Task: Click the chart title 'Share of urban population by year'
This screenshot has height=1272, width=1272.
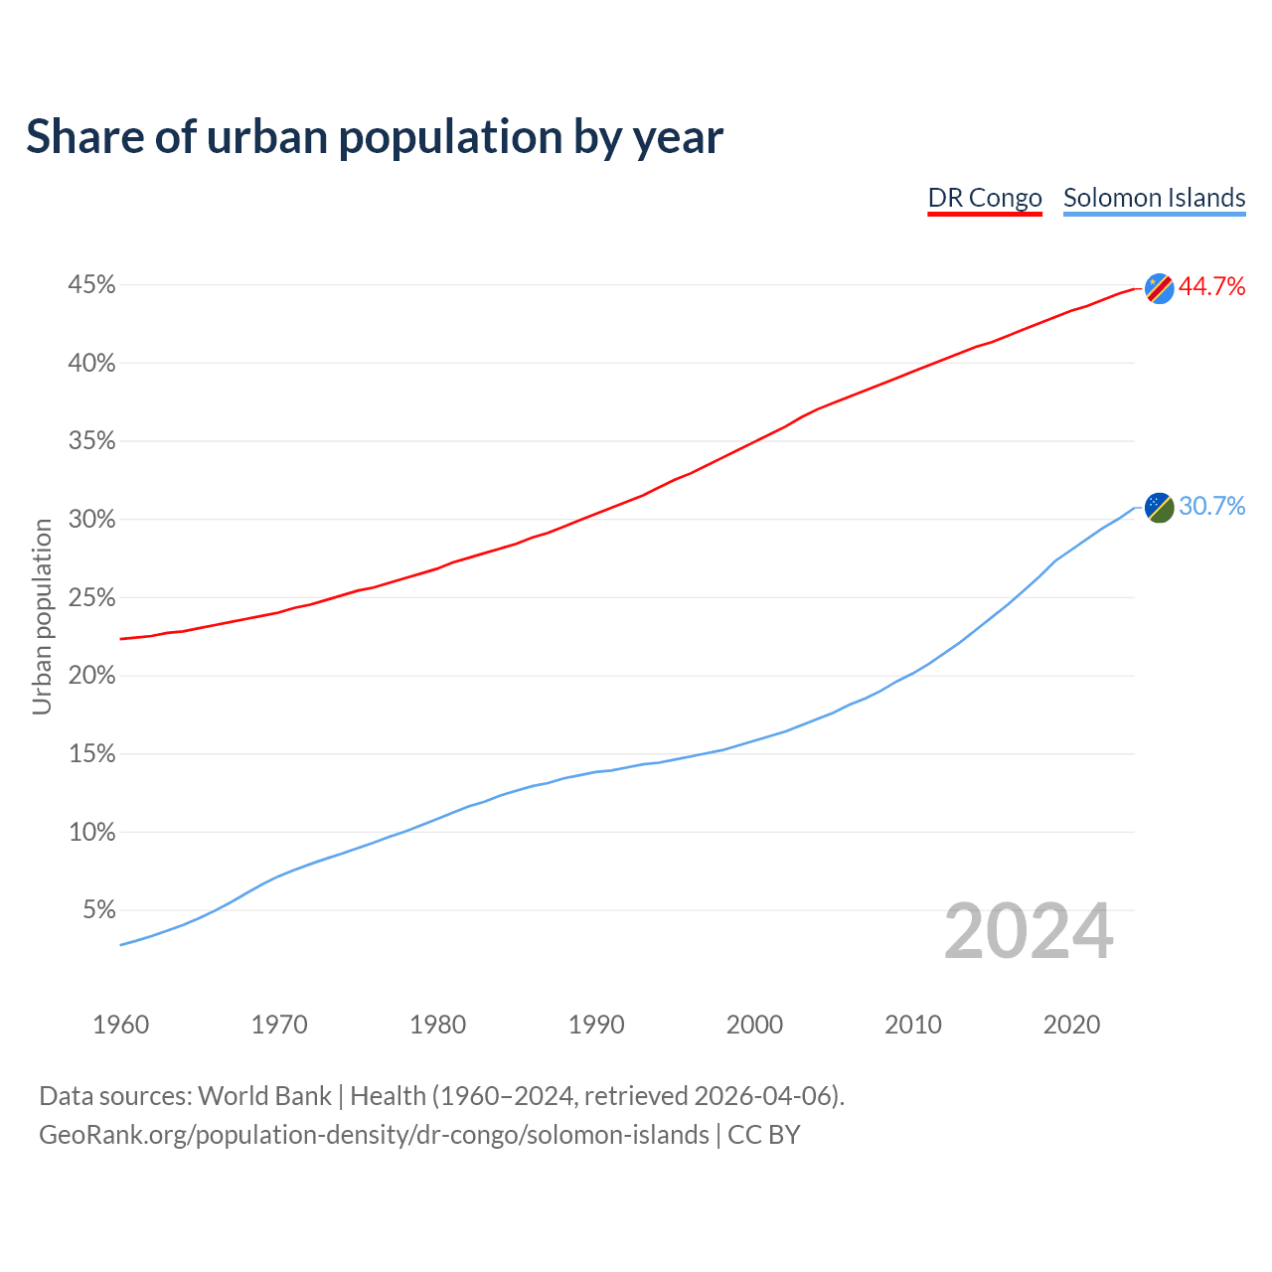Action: tap(375, 137)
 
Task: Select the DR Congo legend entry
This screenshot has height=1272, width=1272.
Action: tap(984, 198)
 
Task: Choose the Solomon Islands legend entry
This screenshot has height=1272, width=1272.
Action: tap(1154, 198)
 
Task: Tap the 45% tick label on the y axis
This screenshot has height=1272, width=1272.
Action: tap(91, 285)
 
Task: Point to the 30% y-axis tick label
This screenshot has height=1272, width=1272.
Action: tap(91, 520)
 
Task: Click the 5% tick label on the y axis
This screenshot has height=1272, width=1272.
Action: tap(98, 910)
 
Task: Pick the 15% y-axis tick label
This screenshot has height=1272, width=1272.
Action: tap(91, 754)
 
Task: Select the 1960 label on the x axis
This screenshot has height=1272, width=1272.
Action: tap(120, 1025)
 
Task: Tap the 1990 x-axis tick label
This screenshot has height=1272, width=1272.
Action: tap(596, 1025)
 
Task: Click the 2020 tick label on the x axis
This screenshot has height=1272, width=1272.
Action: tap(1071, 1025)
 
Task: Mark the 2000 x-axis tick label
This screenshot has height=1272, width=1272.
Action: tap(754, 1025)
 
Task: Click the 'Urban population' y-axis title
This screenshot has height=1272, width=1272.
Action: tap(42, 616)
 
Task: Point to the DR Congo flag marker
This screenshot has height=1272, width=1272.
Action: tap(1159, 288)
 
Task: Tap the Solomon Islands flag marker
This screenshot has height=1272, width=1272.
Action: tap(1159, 507)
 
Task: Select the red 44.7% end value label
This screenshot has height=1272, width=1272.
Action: tap(1211, 287)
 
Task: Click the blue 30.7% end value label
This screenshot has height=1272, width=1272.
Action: tap(1211, 507)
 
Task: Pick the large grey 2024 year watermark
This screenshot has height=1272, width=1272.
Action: tap(1029, 931)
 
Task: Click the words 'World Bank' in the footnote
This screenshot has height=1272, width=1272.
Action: tap(264, 1096)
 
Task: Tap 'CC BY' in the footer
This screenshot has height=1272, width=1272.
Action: tap(764, 1135)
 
